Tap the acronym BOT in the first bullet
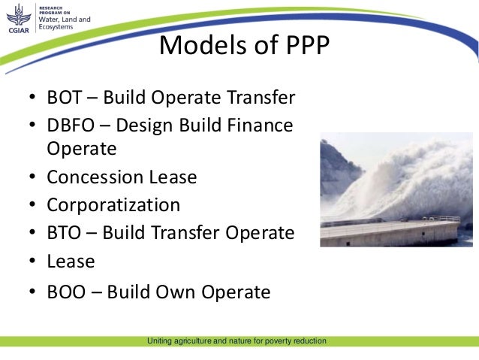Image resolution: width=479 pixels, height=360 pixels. tap(64, 98)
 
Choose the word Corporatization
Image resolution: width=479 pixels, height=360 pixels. tap(113, 204)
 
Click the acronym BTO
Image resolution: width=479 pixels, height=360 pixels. tap(64, 233)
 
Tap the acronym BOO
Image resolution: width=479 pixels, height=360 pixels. tap(66, 292)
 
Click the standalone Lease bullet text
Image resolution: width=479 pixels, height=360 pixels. tap(71, 262)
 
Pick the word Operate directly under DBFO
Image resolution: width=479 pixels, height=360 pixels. tap(82, 149)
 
